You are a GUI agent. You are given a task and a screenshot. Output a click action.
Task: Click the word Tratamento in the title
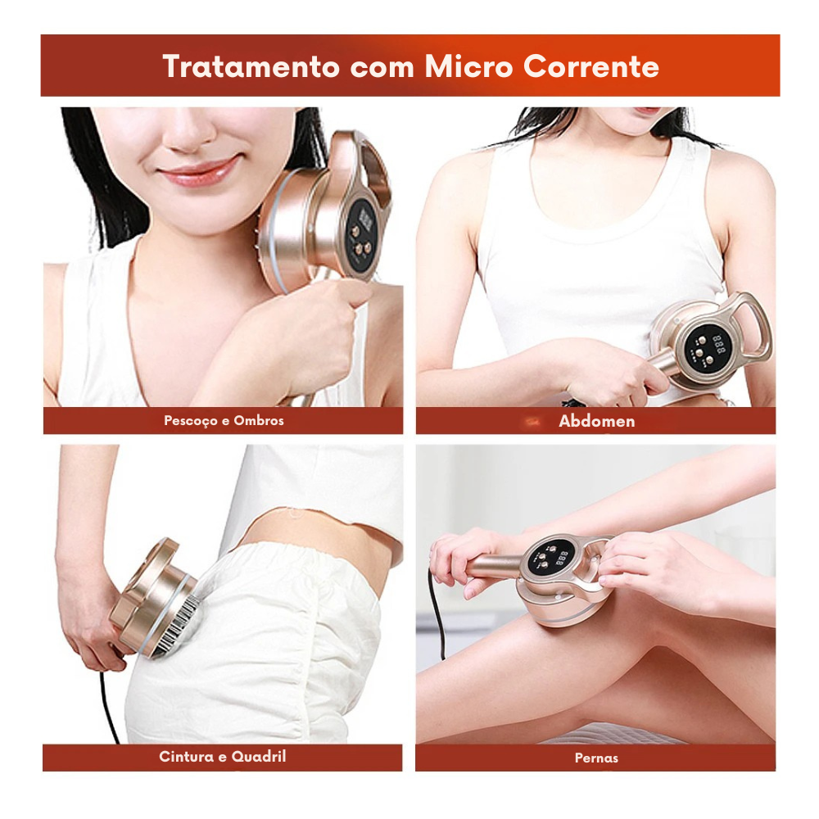[251, 66]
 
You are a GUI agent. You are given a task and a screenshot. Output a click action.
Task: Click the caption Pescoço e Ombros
[224, 421]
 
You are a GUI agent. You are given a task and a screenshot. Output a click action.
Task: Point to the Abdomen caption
[596, 421]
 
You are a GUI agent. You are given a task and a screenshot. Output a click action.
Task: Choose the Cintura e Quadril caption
[223, 757]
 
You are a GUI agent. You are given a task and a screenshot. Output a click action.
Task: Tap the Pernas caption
[596, 758]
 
